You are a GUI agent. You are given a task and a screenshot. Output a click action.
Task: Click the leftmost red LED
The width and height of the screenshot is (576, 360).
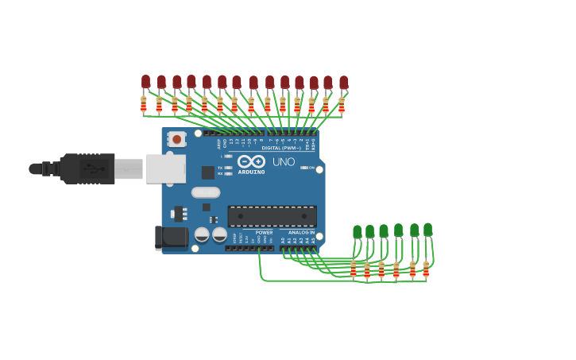tap(145, 81)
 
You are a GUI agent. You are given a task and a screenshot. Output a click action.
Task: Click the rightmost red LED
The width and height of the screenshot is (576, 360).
tap(343, 82)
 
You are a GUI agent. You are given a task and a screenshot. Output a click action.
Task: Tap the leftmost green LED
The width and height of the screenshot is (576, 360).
tap(357, 231)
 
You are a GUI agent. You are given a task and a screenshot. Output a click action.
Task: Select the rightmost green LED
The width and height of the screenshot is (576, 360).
tap(427, 230)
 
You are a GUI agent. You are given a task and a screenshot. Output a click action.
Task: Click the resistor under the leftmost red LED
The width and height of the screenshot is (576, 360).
tap(144, 104)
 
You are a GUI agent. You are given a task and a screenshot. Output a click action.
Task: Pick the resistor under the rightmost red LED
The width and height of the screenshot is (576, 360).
tap(342, 105)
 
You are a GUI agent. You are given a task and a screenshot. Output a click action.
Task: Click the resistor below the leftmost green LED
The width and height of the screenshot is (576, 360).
tap(354, 270)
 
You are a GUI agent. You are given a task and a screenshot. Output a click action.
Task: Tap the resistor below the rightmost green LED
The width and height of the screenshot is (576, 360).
tap(426, 270)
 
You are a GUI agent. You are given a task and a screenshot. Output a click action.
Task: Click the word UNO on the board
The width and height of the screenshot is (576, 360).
tap(284, 162)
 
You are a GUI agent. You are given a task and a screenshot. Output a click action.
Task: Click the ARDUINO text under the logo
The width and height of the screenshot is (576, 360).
tap(251, 172)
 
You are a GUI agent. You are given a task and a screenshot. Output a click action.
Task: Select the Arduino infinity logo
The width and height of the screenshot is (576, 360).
tap(251, 161)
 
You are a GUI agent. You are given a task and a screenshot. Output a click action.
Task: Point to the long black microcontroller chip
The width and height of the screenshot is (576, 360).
tap(272, 216)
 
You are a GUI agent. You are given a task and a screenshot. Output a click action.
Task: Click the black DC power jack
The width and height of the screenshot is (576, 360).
tap(171, 238)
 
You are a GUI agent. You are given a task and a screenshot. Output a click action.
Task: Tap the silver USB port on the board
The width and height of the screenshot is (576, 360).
tap(165, 168)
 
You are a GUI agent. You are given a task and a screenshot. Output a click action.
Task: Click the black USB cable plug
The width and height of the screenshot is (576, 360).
tap(87, 168)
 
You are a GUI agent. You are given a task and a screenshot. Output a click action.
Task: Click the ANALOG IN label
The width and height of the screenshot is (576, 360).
tap(301, 232)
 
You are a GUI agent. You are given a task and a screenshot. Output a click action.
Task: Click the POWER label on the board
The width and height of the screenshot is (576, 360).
tap(264, 232)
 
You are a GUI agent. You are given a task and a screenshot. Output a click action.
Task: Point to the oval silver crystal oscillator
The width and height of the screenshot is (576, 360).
tap(205, 192)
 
